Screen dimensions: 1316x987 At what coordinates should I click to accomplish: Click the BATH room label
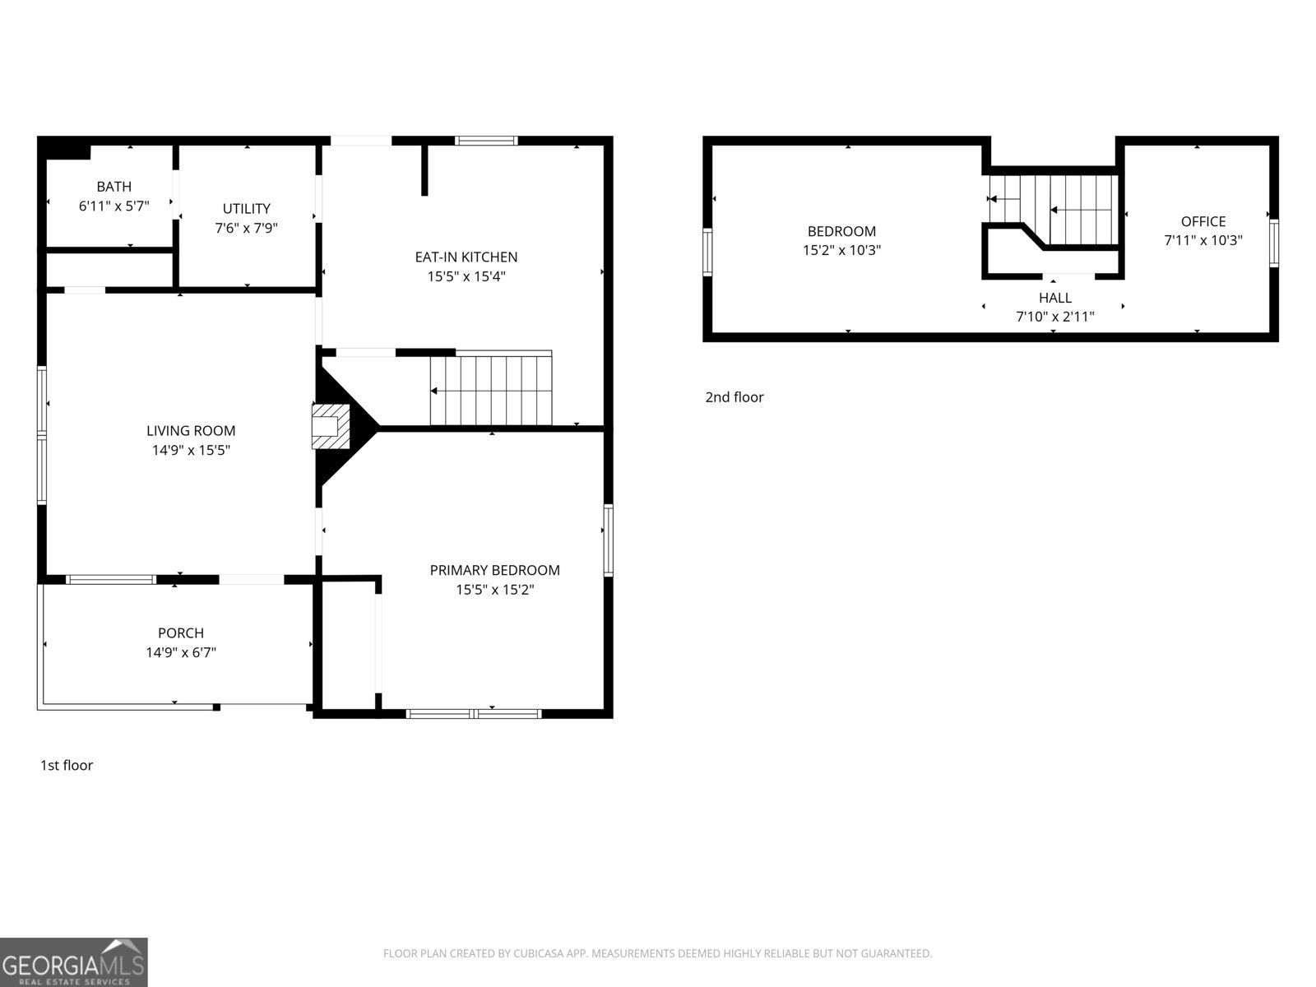114,187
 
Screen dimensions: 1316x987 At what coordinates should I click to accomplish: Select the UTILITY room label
247,209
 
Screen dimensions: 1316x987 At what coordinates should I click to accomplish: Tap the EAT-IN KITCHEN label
466,257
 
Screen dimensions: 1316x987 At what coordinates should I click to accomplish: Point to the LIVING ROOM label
191,431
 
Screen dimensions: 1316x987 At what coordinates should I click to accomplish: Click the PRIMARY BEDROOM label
494,571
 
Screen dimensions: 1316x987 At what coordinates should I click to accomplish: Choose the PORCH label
180,633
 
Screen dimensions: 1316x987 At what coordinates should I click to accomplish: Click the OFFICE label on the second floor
1202,222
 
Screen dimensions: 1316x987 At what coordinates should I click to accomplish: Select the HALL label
1055,298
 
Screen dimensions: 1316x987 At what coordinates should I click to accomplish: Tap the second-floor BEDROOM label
841,231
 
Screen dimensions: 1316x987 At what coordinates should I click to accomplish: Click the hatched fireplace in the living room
331,426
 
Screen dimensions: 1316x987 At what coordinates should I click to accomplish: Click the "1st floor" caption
67,765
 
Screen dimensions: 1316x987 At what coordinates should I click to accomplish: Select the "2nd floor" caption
734,397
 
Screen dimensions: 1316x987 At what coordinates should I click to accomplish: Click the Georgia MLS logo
74,962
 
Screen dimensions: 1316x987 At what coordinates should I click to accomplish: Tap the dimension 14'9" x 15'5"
191,450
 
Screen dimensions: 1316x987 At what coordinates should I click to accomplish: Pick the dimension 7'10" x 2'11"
1055,317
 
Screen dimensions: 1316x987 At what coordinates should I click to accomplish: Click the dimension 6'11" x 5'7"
114,206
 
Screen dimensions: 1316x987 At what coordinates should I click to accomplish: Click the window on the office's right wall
1274,243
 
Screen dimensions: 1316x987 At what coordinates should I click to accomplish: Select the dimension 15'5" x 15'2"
494,590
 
